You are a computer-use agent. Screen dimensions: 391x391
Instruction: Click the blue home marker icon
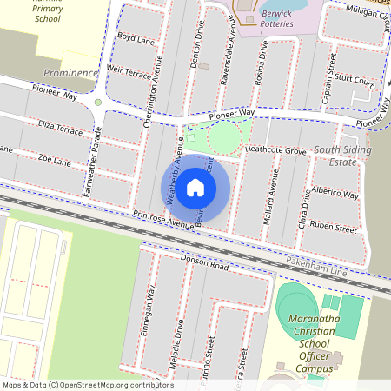tap(195, 186)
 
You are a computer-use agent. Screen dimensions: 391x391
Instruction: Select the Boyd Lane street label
tap(136, 39)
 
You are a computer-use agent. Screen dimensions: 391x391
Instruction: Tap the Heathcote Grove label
tap(275, 151)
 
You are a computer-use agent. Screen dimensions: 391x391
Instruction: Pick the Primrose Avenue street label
tap(162, 221)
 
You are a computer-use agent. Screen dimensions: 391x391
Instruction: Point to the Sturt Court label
tap(353, 82)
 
